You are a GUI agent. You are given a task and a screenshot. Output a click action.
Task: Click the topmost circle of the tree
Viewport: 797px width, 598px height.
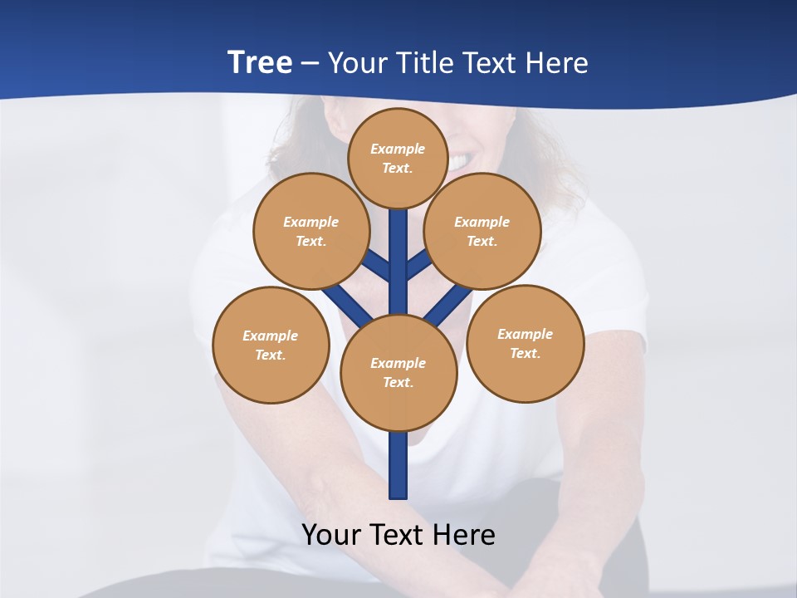(x=398, y=158)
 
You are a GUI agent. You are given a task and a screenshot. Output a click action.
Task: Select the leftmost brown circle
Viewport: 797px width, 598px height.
(x=271, y=346)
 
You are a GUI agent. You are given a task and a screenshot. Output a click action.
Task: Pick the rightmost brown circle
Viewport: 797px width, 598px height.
(x=525, y=344)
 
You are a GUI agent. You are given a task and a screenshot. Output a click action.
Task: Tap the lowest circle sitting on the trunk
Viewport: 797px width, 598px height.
(x=398, y=373)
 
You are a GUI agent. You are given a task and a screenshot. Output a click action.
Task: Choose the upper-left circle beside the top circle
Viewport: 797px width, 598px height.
(x=311, y=231)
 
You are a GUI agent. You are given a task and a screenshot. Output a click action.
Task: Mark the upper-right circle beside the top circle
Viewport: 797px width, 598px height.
(x=482, y=231)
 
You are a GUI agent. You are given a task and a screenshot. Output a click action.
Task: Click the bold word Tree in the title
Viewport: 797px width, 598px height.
(x=260, y=62)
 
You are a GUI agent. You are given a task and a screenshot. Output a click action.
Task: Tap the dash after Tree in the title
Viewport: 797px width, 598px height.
(x=310, y=63)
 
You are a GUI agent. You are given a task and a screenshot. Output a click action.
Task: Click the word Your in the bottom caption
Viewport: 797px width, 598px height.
(x=332, y=534)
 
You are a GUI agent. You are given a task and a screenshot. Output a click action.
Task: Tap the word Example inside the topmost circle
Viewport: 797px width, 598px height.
(x=398, y=149)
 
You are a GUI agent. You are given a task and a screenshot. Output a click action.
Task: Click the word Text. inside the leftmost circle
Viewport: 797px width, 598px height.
(x=271, y=355)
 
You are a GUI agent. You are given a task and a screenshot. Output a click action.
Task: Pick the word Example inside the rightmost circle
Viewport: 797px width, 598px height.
(x=525, y=334)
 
